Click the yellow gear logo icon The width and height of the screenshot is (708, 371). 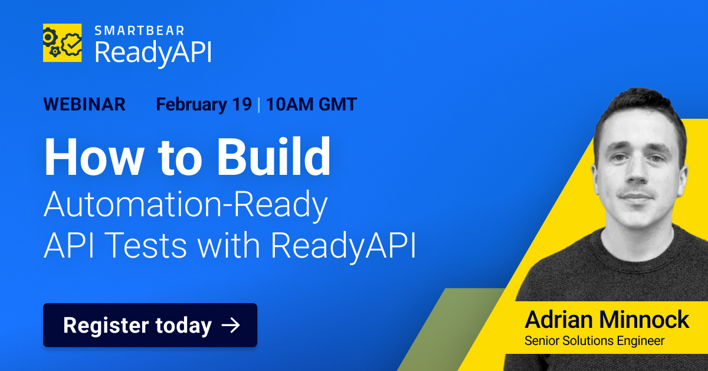[x=62, y=43]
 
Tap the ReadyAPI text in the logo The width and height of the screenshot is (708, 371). [x=153, y=53]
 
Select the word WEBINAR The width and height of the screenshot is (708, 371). [x=84, y=105]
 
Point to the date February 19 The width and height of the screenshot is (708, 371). [x=204, y=105]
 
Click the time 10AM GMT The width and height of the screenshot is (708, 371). [x=311, y=105]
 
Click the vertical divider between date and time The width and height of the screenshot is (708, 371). [x=258, y=105]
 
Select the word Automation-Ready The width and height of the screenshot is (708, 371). [x=185, y=206]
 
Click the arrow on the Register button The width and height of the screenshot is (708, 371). [x=230, y=325]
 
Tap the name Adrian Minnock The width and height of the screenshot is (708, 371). [x=607, y=320]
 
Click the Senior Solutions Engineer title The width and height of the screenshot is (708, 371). [x=595, y=341]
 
